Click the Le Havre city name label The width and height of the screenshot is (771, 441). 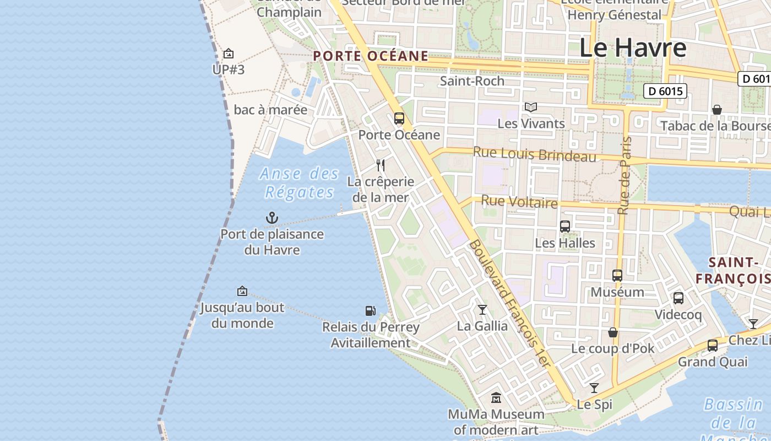[632, 48]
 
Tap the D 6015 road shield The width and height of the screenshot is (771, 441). [665, 91]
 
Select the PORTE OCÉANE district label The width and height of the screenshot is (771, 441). [371, 56]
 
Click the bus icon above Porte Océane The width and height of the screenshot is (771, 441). [399, 119]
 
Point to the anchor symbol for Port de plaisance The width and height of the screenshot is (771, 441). [272, 218]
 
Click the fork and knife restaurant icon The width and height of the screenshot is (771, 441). [380, 165]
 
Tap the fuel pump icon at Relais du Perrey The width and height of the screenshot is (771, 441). [371, 311]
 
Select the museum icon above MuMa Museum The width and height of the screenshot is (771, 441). [496, 397]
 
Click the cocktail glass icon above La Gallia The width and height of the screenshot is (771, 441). [482, 310]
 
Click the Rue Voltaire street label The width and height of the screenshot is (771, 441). [519, 202]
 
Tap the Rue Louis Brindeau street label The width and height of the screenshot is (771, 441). [534, 154]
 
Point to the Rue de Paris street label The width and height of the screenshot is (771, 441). [624, 175]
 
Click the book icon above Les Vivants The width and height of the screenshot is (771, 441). [531, 107]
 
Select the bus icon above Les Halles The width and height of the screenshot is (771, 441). [565, 226]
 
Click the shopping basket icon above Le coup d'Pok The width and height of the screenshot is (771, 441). [612, 332]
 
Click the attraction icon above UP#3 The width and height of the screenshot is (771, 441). [229, 53]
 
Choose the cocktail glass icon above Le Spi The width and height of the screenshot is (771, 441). [594, 388]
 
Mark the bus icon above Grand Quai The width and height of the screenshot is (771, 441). [713, 346]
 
